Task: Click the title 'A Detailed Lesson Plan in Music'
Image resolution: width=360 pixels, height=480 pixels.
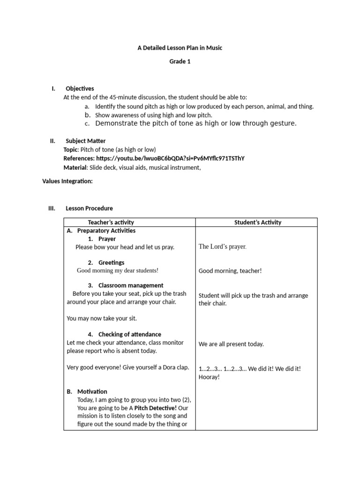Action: pyautogui.click(x=180, y=47)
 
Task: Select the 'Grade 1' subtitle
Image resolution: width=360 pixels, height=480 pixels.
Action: pyautogui.click(x=180, y=61)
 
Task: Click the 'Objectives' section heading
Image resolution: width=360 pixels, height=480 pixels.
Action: pyautogui.click(x=80, y=88)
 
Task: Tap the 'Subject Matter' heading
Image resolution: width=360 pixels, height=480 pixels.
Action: pyautogui.click(x=85, y=141)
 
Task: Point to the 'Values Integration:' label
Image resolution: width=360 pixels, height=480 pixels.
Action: pyautogui.click(x=67, y=181)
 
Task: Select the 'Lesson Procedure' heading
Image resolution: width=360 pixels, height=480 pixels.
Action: pyautogui.click(x=89, y=208)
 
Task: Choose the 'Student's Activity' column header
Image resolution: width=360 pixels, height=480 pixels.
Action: pyautogui.click(x=258, y=222)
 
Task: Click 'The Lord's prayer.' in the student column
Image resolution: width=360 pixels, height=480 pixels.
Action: pyautogui.click(x=223, y=247)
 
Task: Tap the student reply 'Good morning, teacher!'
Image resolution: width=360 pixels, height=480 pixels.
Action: pyautogui.click(x=230, y=270)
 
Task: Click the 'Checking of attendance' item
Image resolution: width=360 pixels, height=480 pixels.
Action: pyautogui.click(x=129, y=334)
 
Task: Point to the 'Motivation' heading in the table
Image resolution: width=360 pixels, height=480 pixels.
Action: pyautogui.click(x=92, y=391)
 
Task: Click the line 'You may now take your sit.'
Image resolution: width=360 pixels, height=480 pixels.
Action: pyautogui.click(x=102, y=318)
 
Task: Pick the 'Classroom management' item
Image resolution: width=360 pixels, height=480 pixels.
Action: pyautogui.click(x=131, y=285)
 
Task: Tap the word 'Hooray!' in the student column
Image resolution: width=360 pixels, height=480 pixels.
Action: pyautogui.click(x=209, y=377)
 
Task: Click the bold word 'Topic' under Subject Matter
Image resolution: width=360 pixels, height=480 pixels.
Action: pyautogui.click(x=71, y=150)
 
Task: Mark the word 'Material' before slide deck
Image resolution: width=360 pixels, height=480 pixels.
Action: pyautogui.click(x=75, y=167)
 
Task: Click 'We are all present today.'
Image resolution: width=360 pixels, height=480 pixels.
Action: pyautogui.click(x=231, y=344)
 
